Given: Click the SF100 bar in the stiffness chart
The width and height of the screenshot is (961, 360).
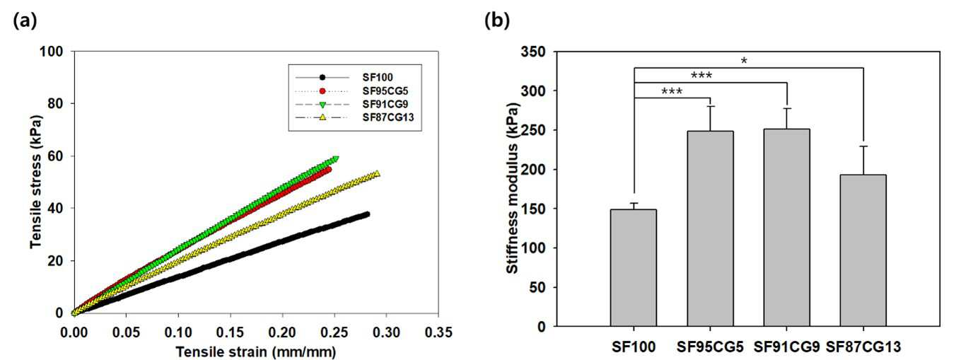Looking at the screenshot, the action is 634,268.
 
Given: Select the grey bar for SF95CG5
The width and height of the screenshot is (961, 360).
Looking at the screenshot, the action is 710,228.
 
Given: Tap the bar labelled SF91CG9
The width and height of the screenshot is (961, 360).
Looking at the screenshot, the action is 786,228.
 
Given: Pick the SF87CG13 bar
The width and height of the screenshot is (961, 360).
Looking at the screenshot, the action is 863,250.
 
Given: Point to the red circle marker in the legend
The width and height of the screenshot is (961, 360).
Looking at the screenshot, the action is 322,91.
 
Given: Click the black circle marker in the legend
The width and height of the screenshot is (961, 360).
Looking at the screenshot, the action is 322,78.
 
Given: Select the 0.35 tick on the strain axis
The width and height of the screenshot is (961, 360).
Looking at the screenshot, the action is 438,332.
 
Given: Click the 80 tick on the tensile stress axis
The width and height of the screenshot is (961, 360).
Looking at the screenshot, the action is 52,104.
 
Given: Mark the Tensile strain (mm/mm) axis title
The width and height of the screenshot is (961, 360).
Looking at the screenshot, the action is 256,352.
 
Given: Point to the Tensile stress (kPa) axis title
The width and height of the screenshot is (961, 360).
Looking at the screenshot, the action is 36,182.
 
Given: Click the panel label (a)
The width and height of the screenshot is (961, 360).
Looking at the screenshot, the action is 25,21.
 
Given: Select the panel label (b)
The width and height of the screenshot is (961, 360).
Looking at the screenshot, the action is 497,21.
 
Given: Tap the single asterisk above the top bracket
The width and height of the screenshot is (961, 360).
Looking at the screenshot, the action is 744,61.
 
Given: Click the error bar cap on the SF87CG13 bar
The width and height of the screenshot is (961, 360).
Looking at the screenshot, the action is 863,146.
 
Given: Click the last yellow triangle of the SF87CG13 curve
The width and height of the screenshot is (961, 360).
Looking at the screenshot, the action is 377,173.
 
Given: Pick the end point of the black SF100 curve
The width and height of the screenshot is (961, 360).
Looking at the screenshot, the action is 367,214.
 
